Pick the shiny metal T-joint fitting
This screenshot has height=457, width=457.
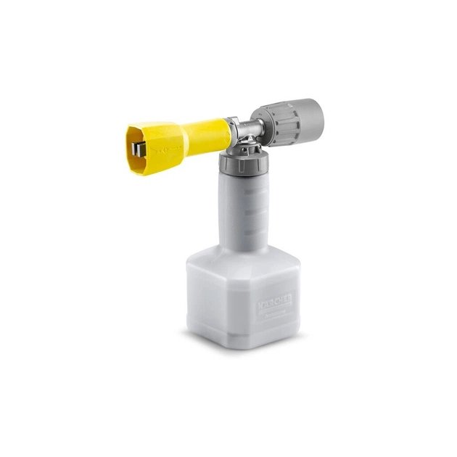(247, 131)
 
